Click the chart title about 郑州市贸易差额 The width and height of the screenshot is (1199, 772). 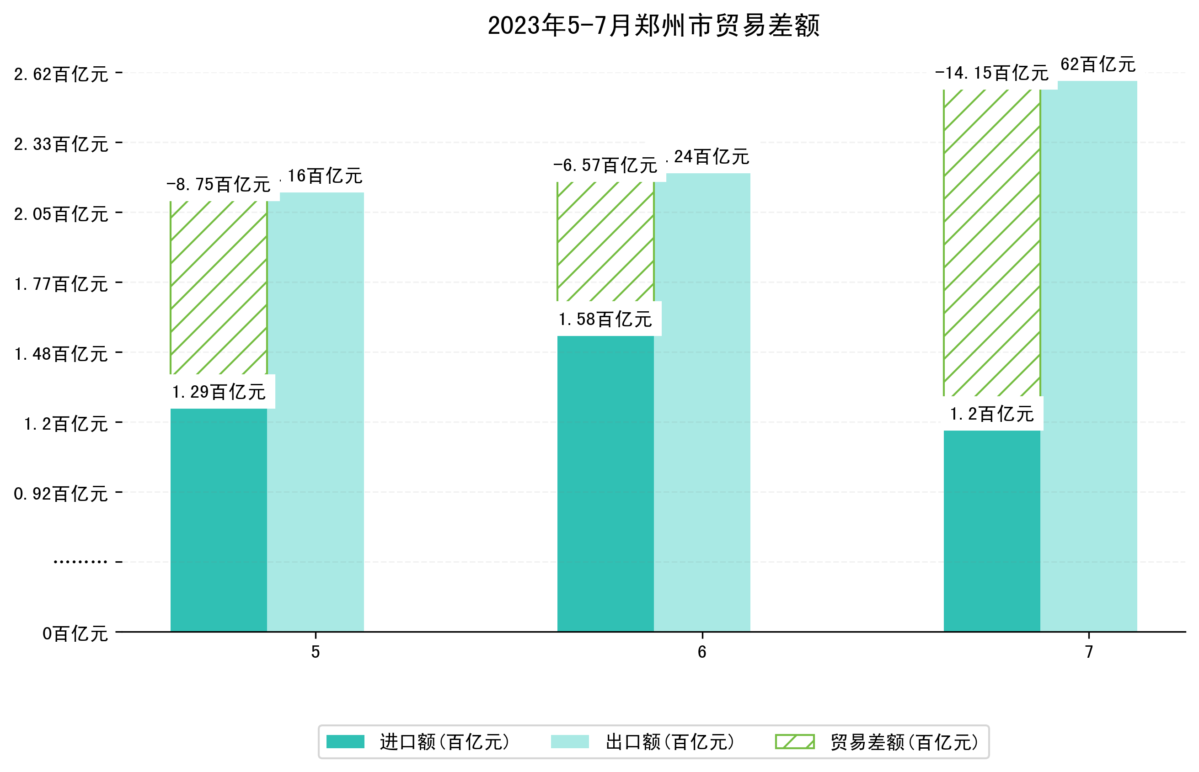tap(653, 26)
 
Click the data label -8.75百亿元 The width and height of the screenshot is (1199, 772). tap(218, 185)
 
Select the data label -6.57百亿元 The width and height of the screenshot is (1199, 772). tap(605, 165)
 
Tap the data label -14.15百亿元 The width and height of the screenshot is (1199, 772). tap(991, 73)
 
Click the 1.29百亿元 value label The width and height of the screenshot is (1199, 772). tap(219, 392)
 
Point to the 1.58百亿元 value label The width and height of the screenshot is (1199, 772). tap(605, 319)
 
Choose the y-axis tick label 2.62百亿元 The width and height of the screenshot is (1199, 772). tap(61, 74)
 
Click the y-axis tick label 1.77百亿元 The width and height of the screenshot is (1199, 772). tap(61, 284)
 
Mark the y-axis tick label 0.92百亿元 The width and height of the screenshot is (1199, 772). tap(61, 494)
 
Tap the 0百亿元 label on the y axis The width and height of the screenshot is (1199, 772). tap(75, 634)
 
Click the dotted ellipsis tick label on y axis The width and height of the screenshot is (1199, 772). tap(80, 562)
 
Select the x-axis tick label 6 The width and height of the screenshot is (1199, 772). tap(701, 652)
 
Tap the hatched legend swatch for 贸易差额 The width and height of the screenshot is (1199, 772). tap(794, 741)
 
